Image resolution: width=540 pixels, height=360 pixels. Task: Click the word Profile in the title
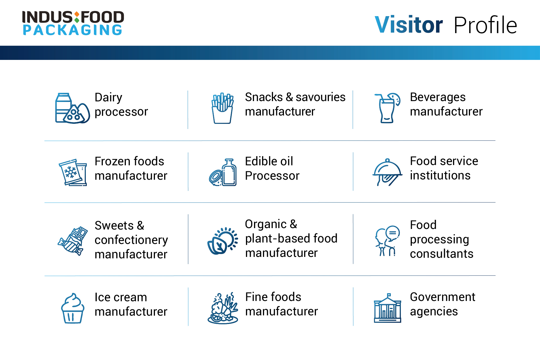click(x=485, y=25)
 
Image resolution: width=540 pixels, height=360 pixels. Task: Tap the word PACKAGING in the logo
click(x=73, y=30)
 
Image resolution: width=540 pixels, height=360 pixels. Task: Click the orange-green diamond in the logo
click(x=77, y=17)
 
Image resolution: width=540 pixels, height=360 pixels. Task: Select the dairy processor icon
click(x=72, y=108)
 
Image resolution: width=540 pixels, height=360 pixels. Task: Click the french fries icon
click(x=222, y=108)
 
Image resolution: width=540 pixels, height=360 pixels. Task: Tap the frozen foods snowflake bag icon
click(x=73, y=172)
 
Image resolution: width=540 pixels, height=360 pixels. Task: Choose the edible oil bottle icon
click(x=223, y=172)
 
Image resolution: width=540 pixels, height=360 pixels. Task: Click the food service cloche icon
click(x=387, y=172)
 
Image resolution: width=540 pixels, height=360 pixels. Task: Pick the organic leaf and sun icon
click(x=223, y=241)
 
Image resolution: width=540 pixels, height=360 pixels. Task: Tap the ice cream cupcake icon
click(x=73, y=308)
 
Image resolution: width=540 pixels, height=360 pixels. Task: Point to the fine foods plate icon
click(x=223, y=308)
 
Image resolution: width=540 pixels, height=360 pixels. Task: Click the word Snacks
click(x=264, y=97)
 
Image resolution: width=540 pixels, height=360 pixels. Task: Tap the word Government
click(x=443, y=297)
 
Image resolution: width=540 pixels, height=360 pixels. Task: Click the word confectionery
click(x=131, y=240)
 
